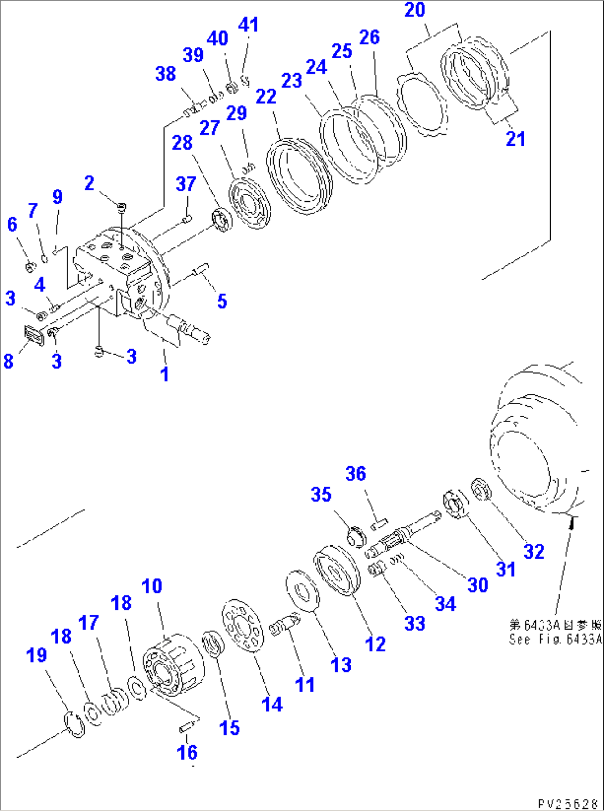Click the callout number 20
414,10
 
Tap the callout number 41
248,25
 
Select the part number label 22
266,96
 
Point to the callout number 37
186,184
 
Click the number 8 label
8,361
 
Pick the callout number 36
356,474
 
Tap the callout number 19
37,655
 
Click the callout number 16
187,752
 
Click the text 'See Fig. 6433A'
555,639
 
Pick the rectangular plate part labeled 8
35,336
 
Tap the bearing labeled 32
480,489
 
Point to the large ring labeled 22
299,176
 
